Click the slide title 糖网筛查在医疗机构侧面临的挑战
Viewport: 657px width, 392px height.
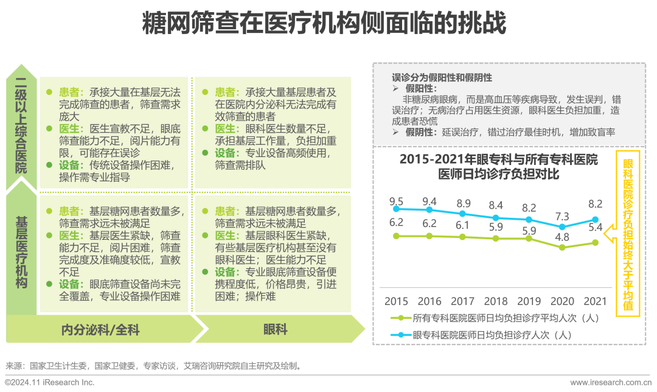click(324, 25)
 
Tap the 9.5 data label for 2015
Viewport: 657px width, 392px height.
click(396, 201)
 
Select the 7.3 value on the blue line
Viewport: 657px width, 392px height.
click(562, 216)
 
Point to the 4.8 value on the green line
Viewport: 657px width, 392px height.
click(562, 237)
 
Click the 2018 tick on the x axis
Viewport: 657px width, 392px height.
click(496, 301)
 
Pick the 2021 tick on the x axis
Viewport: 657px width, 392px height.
click(595, 301)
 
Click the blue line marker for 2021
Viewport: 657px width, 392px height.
click(596, 220)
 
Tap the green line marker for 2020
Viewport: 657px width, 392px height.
click(562, 248)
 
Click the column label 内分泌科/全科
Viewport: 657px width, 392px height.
click(101, 330)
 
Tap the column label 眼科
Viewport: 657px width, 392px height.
click(275, 330)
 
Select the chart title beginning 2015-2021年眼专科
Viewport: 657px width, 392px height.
click(498, 166)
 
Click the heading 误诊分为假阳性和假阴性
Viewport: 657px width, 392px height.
click(442, 78)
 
